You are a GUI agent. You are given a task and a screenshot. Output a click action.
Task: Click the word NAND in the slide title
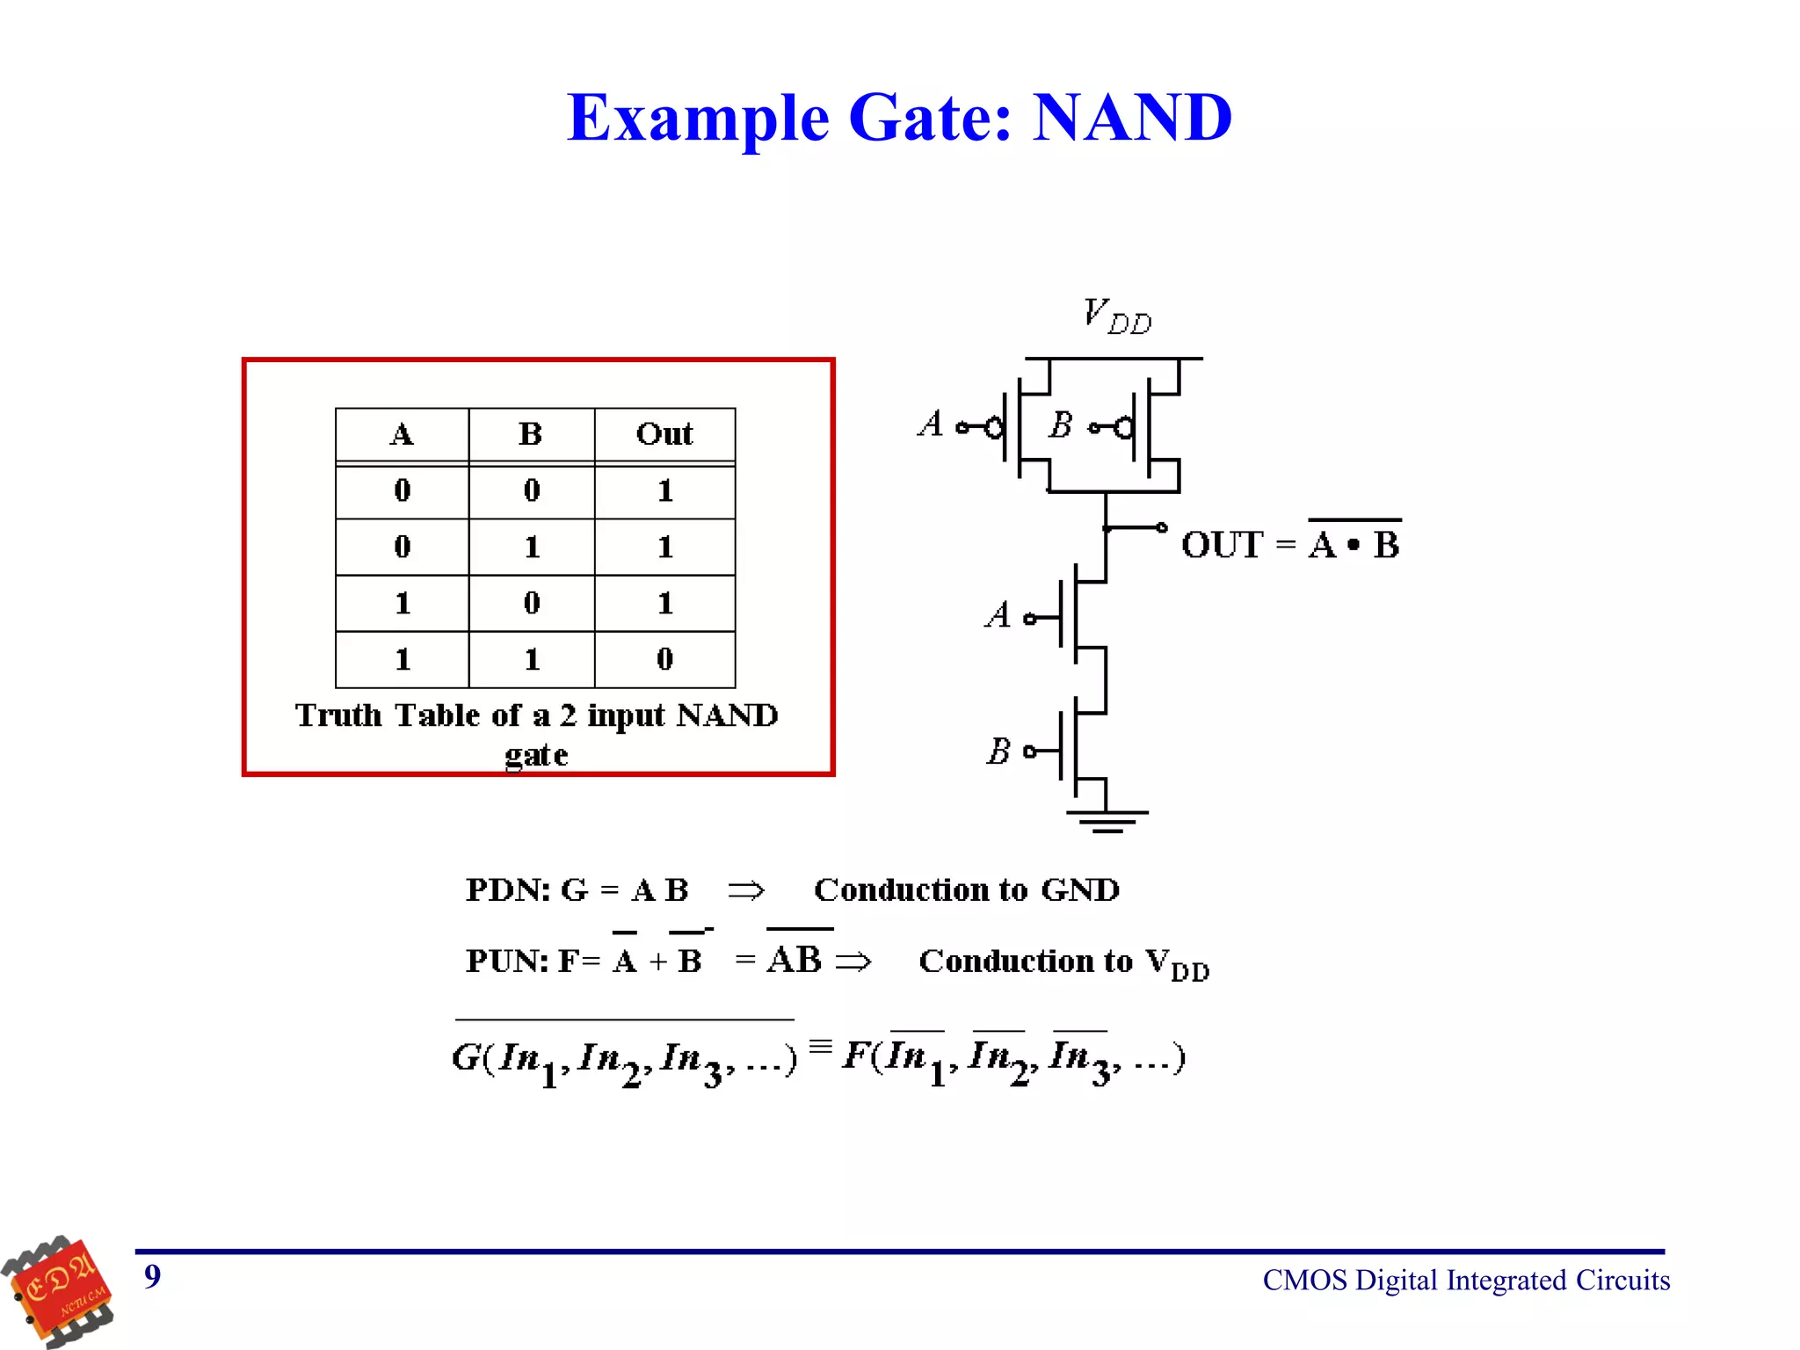(x=1132, y=118)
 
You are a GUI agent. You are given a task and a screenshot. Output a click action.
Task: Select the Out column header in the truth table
(x=664, y=434)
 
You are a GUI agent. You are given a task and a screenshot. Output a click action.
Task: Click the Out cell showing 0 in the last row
(x=664, y=659)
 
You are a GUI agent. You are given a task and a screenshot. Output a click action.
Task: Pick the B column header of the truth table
(x=531, y=434)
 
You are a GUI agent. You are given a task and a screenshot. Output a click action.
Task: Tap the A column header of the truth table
(x=402, y=434)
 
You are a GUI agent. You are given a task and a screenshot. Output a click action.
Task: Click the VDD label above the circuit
(x=1116, y=316)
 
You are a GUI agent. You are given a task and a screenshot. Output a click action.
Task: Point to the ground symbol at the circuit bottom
(x=1107, y=821)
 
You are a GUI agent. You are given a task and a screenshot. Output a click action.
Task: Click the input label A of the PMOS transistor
(x=931, y=425)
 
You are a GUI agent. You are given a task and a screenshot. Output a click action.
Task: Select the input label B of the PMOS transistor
(x=1061, y=425)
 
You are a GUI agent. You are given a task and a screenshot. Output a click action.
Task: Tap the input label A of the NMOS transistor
(x=998, y=615)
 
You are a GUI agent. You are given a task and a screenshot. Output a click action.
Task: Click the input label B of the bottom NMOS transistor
(x=998, y=751)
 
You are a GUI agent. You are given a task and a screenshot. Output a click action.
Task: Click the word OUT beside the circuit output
(x=1222, y=545)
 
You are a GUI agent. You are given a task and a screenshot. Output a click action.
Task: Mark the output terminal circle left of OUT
(x=1162, y=527)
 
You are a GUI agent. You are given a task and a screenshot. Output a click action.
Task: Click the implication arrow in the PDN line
(x=746, y=890)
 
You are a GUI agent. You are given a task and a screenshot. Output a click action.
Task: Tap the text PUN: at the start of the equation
(x=507, y=961)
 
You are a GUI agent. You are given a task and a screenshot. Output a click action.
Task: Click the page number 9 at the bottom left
(x=153, y=1276)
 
